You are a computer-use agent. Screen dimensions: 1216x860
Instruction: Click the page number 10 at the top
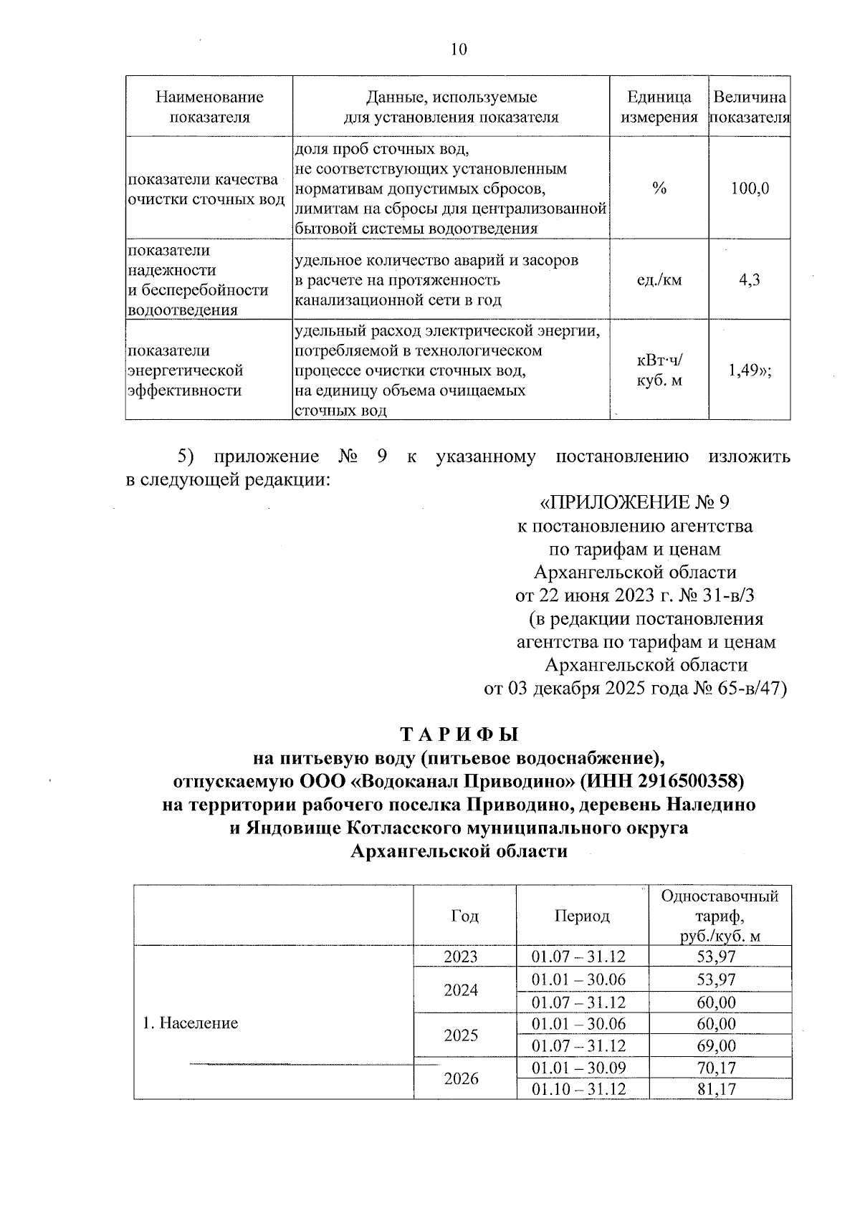[x=459, y=49]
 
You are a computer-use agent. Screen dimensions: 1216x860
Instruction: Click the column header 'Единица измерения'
[x=659, y=107]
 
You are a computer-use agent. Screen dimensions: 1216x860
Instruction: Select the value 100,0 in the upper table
[x=750, y=189]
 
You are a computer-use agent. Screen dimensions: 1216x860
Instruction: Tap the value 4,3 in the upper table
[x=750, y=279]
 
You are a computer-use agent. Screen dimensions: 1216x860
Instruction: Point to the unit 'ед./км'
[x=659, y=279]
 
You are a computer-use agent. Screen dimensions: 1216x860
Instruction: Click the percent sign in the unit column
[x=659, y=189]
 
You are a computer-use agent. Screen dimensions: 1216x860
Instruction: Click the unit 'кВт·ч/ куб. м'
[x=659, y=370]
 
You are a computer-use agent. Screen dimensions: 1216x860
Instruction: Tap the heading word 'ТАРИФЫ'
[x=459, y=734]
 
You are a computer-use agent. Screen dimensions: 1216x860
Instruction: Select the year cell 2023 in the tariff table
[x=461, y=957]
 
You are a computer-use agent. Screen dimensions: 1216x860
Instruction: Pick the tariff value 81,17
[x=716, y=1090]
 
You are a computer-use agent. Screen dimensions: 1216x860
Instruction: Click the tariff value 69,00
[x=716, y=1045]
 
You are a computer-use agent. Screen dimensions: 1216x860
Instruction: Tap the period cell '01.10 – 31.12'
[x=578, y=1090]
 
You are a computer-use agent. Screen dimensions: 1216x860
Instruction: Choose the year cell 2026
[x=461, y=1079]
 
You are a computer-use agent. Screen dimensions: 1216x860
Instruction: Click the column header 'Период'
[x=581, y=916]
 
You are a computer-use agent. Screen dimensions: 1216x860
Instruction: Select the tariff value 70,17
[x=716, y=1068]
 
